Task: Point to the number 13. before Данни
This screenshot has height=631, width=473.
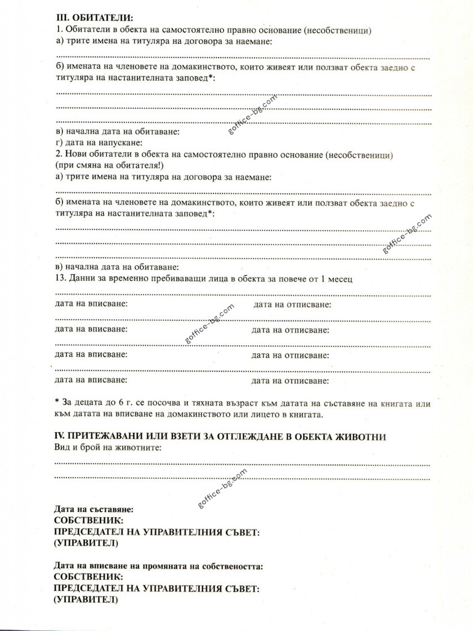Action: [x=62, y=279]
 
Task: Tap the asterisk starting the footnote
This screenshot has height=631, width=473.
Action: [x=57, y=403]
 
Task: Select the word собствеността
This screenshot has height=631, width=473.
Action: [x=230, y=566]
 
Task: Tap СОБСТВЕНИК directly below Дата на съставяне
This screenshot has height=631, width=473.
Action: [x=89, y=521]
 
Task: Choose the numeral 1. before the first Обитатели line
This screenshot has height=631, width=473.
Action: [x=59, y=30]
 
